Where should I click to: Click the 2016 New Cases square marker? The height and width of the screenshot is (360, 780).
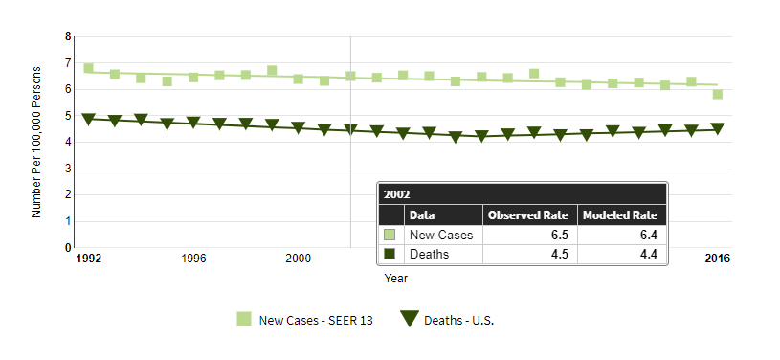718,94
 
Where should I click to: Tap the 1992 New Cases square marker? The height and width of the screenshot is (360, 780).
89,68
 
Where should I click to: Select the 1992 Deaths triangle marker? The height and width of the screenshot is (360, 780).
89,119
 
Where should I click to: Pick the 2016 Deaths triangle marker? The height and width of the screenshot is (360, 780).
718,128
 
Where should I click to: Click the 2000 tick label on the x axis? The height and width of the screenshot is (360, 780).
298,259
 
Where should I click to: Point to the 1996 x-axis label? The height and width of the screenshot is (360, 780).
193,259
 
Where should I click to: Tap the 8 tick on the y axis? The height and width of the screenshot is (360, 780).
68,36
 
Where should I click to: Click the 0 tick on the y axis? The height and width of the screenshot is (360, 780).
68,247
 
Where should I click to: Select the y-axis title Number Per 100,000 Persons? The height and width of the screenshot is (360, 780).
35,142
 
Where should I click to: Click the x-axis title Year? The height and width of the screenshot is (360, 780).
396,279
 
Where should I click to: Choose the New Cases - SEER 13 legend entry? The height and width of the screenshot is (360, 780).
305,320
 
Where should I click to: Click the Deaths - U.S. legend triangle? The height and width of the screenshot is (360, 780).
409,319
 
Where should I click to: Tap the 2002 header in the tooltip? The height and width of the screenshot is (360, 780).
396,194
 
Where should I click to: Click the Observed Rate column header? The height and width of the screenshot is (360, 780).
527,215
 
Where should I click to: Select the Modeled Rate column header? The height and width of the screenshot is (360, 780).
620,215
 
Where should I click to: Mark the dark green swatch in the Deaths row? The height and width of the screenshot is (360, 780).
390,254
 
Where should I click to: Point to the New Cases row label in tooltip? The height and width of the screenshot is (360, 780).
441,235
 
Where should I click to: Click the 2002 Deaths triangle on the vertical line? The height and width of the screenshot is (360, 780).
350,129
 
